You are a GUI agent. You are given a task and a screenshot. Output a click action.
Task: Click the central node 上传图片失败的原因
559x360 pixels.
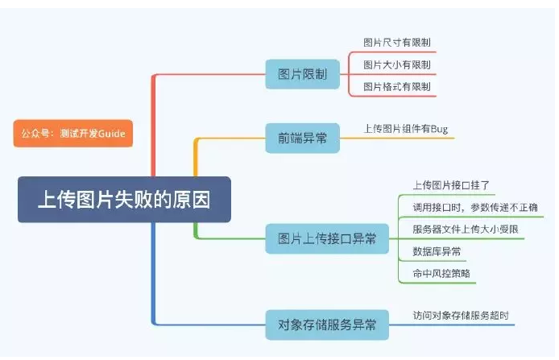(125, 199)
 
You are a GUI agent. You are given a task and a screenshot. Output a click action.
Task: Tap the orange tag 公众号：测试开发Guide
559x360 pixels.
(72, 133)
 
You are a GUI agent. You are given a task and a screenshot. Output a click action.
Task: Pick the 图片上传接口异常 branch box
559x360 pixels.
(327, 238)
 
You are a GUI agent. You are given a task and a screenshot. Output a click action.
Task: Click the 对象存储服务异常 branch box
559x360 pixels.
(327, 325)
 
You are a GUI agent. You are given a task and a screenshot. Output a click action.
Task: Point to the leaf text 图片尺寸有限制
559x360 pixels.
(397, 42)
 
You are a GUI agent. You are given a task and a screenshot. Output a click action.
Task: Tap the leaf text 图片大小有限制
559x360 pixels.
(397, 64)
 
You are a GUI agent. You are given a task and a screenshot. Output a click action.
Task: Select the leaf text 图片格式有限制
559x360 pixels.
(397, 86)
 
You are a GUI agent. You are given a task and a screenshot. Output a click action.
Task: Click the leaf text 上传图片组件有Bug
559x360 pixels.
(406, 128)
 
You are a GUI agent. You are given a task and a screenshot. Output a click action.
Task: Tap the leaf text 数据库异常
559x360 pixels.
(437, 252)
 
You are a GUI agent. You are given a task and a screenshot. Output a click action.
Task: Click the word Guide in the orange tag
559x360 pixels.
(112, 133)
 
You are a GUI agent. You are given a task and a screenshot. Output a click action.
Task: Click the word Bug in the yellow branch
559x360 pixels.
(438, 128)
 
